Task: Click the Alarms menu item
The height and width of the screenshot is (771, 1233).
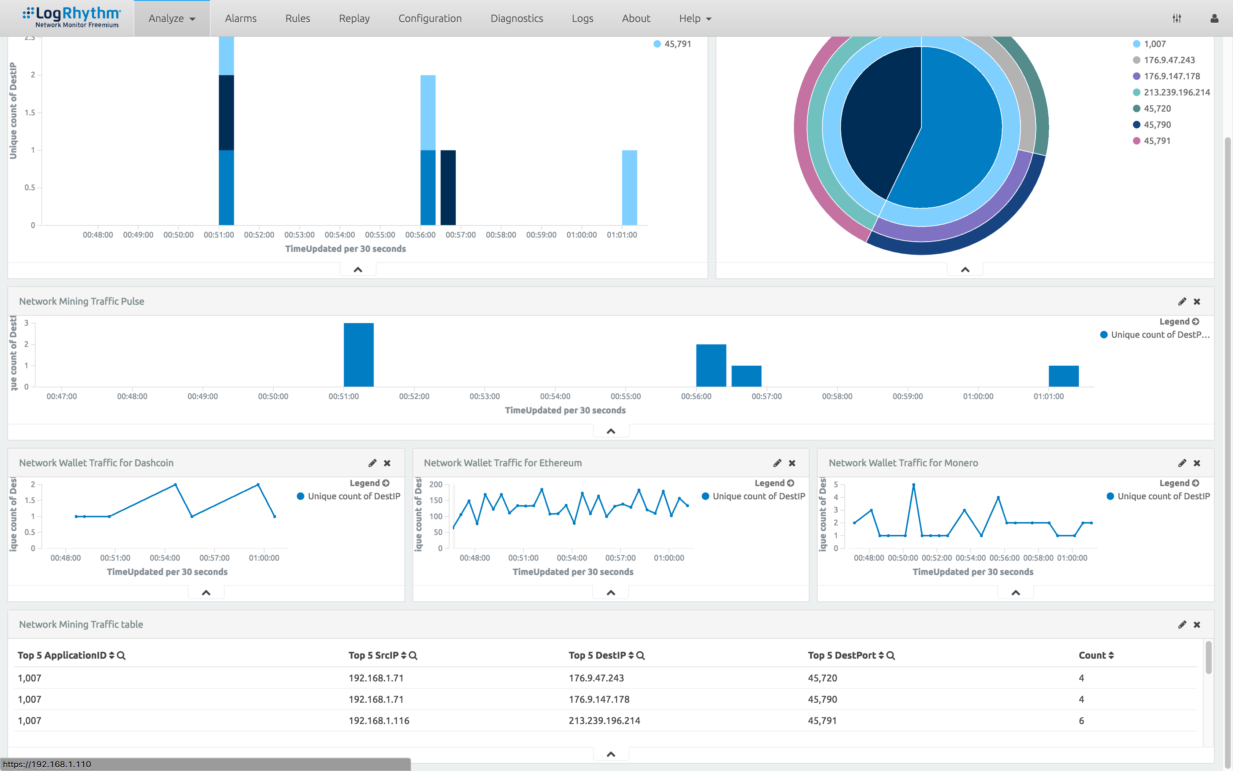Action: pos(240,18)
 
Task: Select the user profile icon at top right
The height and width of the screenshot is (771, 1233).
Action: pos(1214,18)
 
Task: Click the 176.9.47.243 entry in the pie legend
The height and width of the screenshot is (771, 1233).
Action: pos(1169,60)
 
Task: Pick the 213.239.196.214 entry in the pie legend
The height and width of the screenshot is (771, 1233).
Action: pos(1176,92)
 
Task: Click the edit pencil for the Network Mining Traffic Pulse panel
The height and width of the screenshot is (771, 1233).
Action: pos(1182,301)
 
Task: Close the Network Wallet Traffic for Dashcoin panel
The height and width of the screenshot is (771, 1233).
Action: pos(387,463)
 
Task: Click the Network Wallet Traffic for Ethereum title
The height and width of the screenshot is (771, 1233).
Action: pos(502,463)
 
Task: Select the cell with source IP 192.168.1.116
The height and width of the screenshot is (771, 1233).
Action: pos(379,720)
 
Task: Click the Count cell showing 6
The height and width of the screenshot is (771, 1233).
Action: pos(1081,720)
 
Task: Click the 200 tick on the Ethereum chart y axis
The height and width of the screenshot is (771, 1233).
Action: pos(436,484)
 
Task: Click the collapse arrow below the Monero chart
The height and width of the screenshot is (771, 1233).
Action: pos(1015,593)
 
